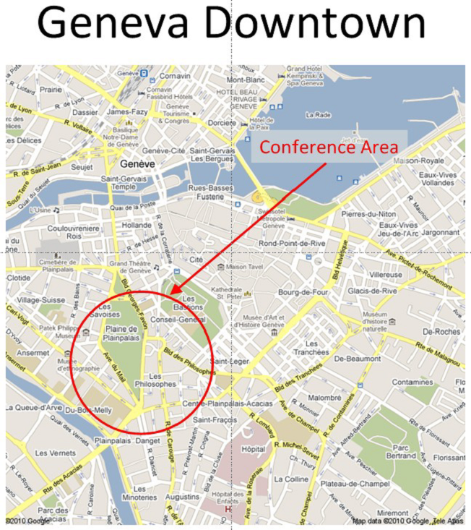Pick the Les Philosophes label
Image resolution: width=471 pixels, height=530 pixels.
[x=162, y=380]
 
